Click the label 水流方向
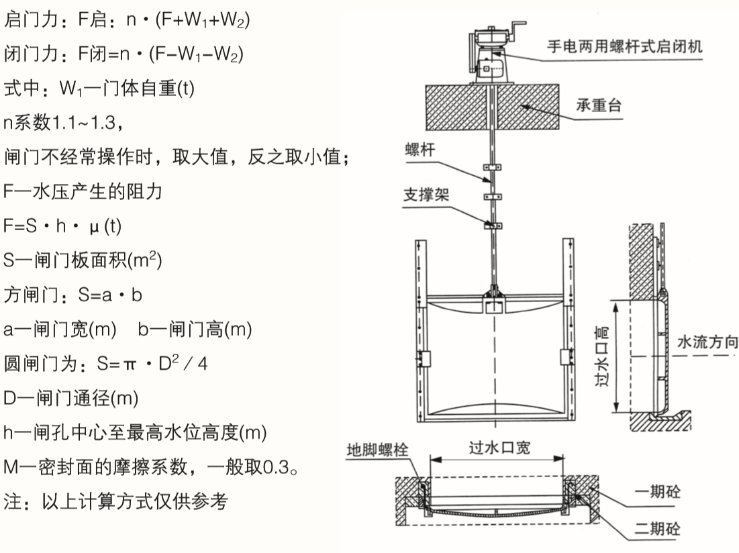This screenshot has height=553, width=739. pos(707,342)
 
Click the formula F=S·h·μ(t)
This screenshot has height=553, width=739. pos(63,226)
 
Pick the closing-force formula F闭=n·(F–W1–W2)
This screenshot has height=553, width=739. pos(124,53)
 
